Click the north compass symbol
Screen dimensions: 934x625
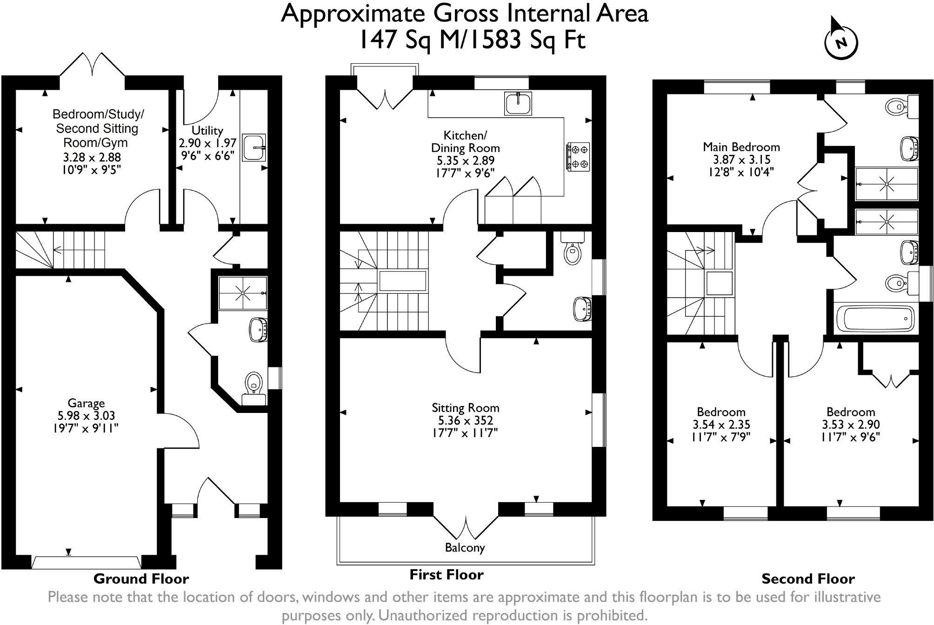pyautogui.click(x=841, y=41)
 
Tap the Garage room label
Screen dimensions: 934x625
pyautogui.click(x=86, y=403)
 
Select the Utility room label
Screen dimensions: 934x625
pyautogui.click(x=207, y=131)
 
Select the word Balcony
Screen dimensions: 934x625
pyautogui.click(x=465, y=548)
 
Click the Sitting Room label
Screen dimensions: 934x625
pyautogui.click(x=466, y=408)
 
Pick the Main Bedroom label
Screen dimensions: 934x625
pyautogui.click(x=741, y=147)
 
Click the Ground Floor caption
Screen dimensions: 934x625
pyautogui.click(x=141, y=579)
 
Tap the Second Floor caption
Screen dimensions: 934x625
pyautogui.click(x=808, y=579)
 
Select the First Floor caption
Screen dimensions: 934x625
pyautogui.click(x=446, y=575)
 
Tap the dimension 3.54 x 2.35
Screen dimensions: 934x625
pyautogui.click(x=721, y=425)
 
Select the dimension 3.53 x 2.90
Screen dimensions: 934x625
pyautogui.click(x=851, y=425)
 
